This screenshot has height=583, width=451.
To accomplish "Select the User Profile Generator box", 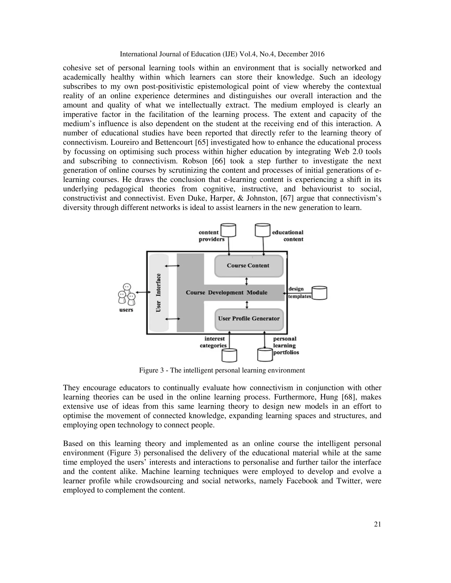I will [x=248, y=319].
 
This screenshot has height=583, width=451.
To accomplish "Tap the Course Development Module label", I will [x=226, y=293].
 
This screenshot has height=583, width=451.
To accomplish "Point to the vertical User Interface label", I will [x=158, y=293].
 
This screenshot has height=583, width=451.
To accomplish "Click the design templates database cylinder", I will [x=319, y=293].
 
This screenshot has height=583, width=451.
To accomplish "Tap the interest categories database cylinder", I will [x=229, y=355].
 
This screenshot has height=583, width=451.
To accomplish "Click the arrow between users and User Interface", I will [x=143, y=293].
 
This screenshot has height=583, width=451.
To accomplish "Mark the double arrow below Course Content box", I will [x=247, y=281].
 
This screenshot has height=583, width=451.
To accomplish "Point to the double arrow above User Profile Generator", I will [x=247, y=305].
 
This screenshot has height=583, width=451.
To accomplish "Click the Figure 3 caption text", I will [x=222, y=370].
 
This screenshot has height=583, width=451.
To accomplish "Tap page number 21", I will [x=377, y=524].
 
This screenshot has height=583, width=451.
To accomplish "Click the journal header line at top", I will [x=222, y=54].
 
